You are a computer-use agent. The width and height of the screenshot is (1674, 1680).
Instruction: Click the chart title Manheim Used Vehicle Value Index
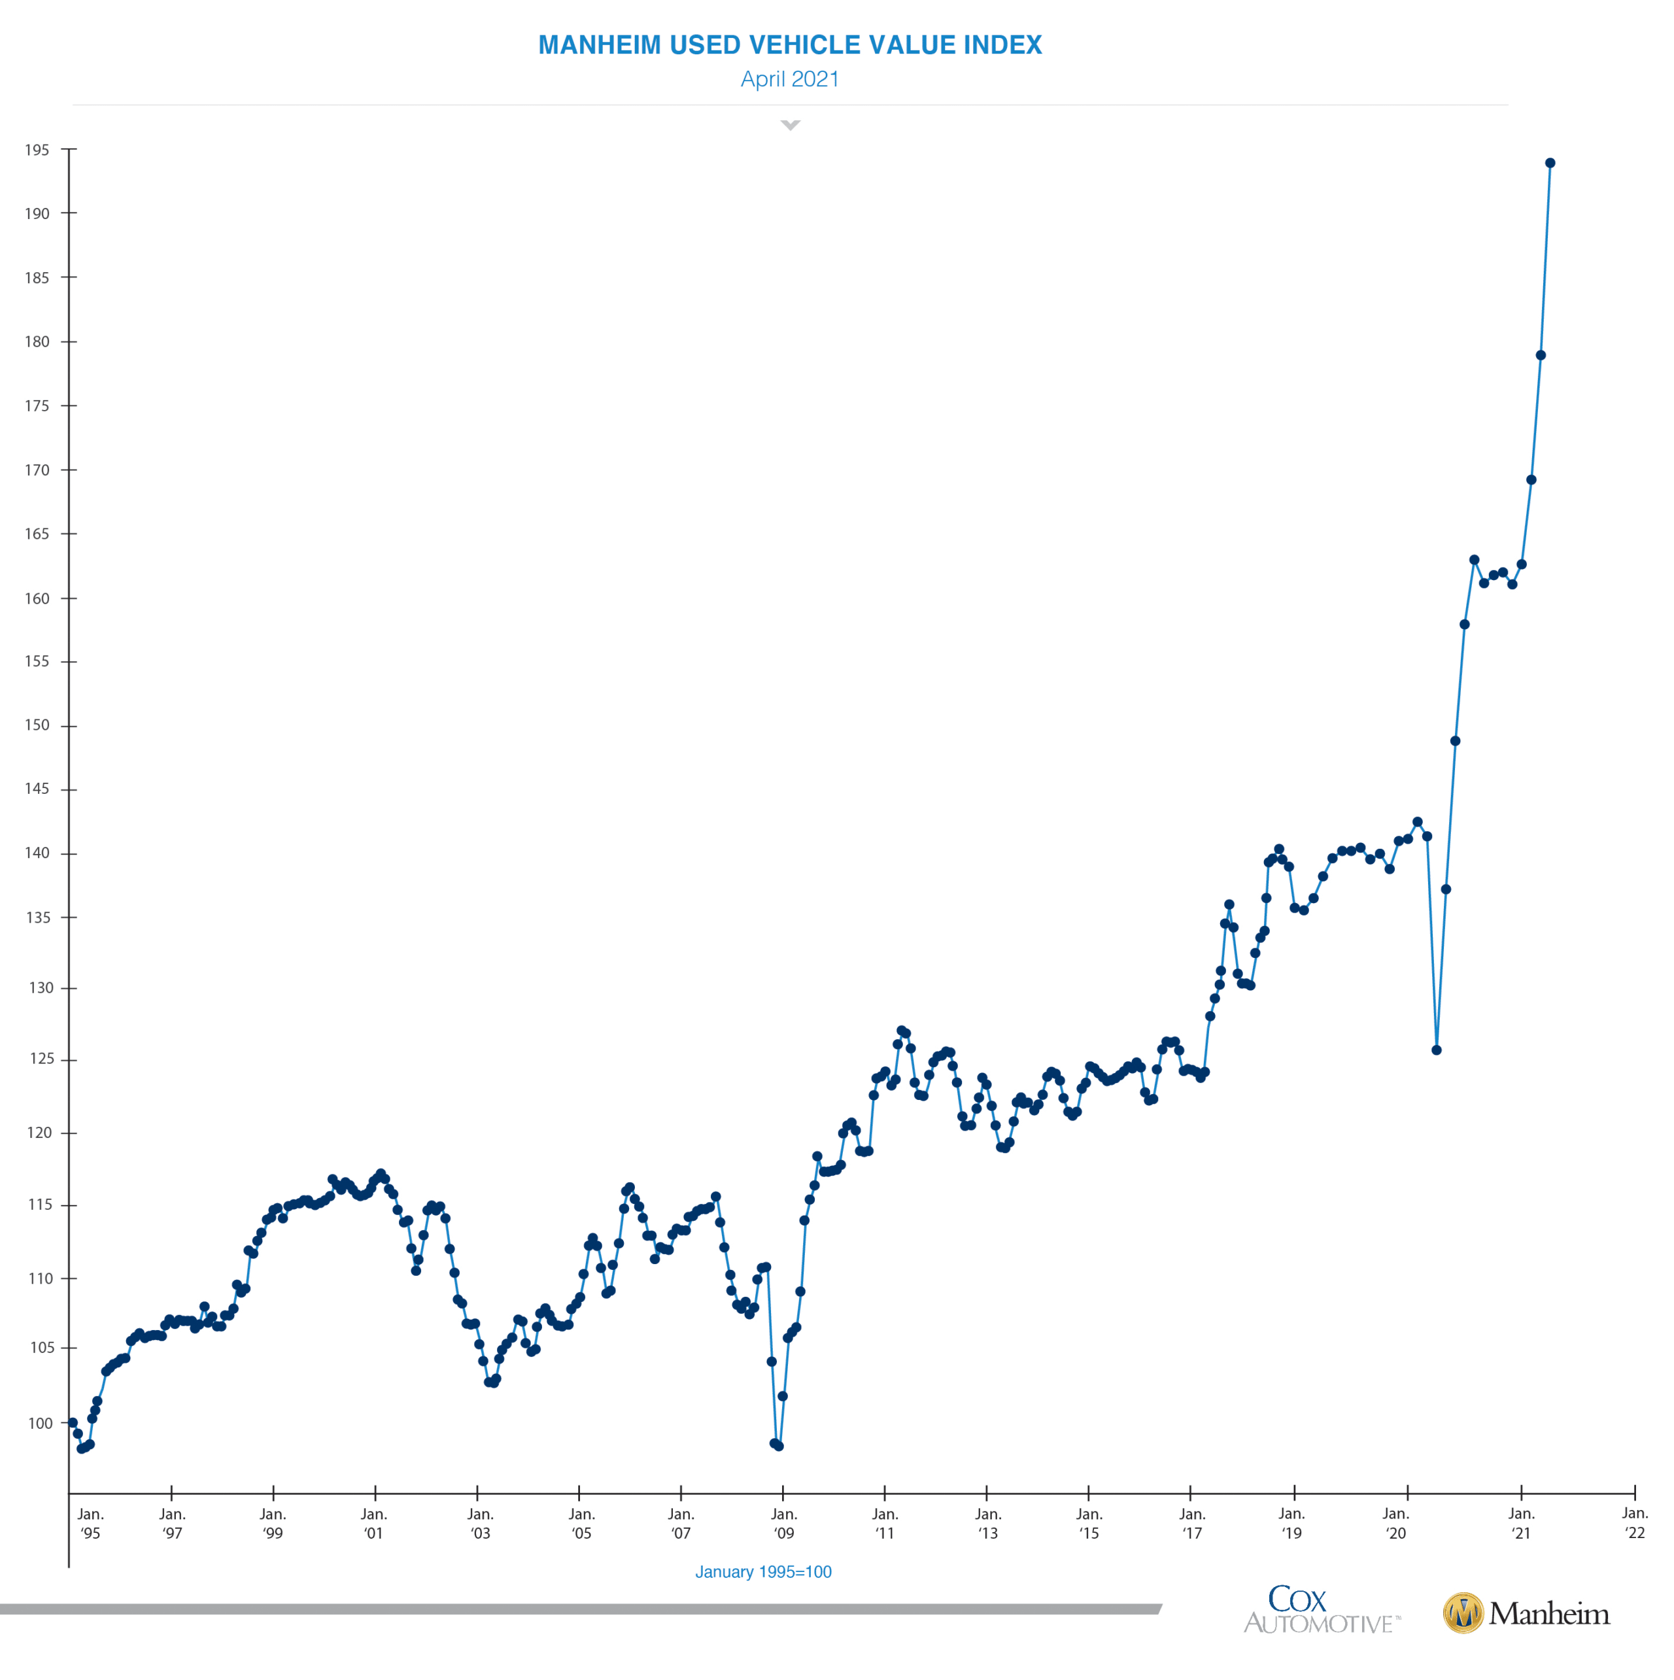point(790,45)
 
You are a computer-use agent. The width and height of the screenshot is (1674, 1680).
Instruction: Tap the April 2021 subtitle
point(790,79)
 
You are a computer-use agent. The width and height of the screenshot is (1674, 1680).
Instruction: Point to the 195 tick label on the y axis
point(37,150)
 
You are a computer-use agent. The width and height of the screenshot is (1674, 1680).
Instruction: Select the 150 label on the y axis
point(37,725)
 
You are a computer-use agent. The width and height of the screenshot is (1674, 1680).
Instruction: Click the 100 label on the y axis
point(40,1424)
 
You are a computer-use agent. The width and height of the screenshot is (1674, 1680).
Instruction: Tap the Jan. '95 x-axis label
point(90,1524)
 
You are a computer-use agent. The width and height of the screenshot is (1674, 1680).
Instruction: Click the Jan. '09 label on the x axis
point(783,1524)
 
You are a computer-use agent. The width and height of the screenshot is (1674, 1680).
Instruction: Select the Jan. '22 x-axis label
point(1634,1524)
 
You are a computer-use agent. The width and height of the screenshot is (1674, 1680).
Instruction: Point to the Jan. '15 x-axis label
point(1089,1524)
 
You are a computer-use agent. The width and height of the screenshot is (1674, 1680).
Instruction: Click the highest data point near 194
point(1550,163)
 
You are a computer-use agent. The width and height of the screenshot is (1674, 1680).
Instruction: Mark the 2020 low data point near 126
point(1437,1050)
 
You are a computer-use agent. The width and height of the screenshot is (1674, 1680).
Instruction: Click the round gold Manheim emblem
point(1463,1613)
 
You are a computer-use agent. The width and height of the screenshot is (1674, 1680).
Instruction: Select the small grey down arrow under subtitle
point(790,125)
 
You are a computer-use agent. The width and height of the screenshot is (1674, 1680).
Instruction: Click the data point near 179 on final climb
point(1540,356)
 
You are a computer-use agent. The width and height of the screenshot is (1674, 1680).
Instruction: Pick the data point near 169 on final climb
point(1531,480)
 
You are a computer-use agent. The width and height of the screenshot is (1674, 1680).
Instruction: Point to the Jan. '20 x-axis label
point(1395,1524)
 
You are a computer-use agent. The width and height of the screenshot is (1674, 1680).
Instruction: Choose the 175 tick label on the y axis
point(37,406)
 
